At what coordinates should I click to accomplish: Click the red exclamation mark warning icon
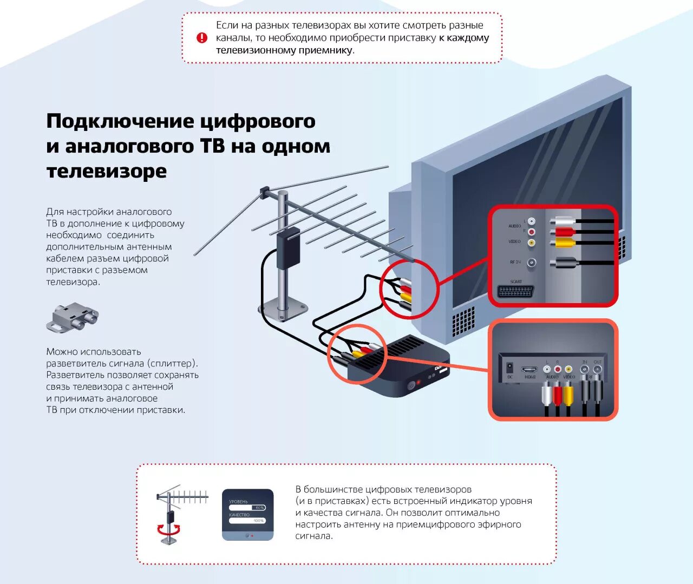point(202,38)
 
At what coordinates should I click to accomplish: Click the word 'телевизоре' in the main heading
point(107,171)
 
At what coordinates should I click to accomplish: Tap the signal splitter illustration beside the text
point(73,318)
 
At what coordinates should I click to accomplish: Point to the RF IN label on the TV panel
point(515,262)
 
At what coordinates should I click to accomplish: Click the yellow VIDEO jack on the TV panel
point(532,242)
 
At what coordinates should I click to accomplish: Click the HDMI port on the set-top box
point(529,370)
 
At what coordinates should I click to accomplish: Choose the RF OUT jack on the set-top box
point(597,370)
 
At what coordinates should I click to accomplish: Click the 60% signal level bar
point(247,508)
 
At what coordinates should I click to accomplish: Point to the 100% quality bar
point(247,521)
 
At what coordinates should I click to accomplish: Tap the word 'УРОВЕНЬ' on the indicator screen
point(238,502)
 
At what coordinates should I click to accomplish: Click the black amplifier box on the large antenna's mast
point(288,248)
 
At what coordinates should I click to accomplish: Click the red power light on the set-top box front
point(418,383)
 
